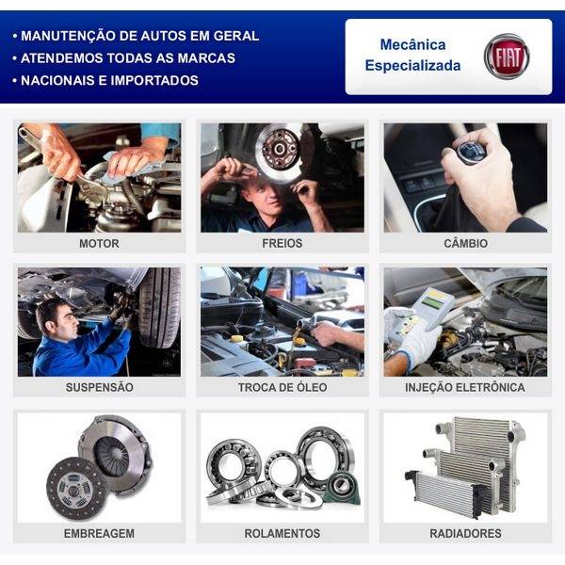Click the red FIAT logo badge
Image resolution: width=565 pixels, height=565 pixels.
pyautogui.click(x=507, y=56)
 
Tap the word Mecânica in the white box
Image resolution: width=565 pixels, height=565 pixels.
pyautogui.click(x=412, y=44)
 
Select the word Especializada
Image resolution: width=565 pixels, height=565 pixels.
pyautogui.click(x=412, y=66)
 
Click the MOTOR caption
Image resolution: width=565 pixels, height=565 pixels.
pyautogui.click(x=99, y=243)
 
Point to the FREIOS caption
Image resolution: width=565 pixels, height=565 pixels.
pyautogui.click(x=282, y=243)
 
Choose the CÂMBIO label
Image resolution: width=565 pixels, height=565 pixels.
pyautogui.click(x=465, y=243)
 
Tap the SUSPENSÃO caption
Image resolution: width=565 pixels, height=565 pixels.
pyautogui.click(x=100, y=387)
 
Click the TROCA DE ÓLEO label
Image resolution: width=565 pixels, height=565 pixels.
pyautogui.click(x=282, y=387)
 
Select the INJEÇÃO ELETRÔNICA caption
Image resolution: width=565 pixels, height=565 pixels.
pyautogui.click(x=465, y=387)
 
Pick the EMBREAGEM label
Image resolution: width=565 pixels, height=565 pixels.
pyautogui.click(x=99, y=533)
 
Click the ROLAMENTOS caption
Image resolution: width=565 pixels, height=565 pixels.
pyautogui.click(x=282, y=533)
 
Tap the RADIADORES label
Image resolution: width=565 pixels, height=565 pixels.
pyautogui.click(x=465, y=533)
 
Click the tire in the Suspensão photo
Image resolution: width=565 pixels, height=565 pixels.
pyautogui.click(x=159, y=307)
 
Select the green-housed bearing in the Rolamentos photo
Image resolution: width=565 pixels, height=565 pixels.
pyautogui.click(x=341, y=488)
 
